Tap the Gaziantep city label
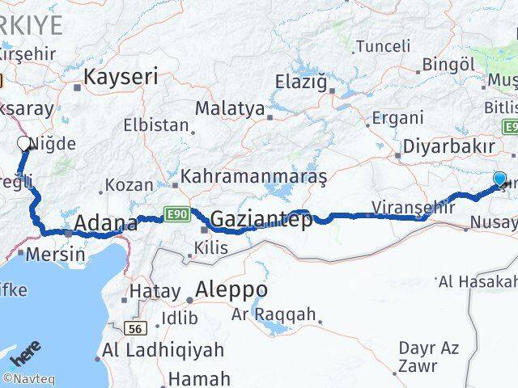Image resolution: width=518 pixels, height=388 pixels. (261, 219)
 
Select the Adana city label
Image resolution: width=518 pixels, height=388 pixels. (105, 223)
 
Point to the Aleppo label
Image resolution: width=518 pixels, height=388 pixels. (231, 289)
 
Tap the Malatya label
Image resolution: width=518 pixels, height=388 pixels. (229, 108)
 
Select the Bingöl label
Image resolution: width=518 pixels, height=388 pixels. (448, 64)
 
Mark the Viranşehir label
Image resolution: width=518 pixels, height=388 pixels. (409, 206)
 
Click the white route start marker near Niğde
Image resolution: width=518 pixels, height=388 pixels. (24, 145)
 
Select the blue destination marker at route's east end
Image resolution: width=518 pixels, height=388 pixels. (499, 179)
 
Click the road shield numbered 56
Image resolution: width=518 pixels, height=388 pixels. (135, 328)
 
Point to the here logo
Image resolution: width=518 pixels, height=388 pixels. (24, 356)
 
